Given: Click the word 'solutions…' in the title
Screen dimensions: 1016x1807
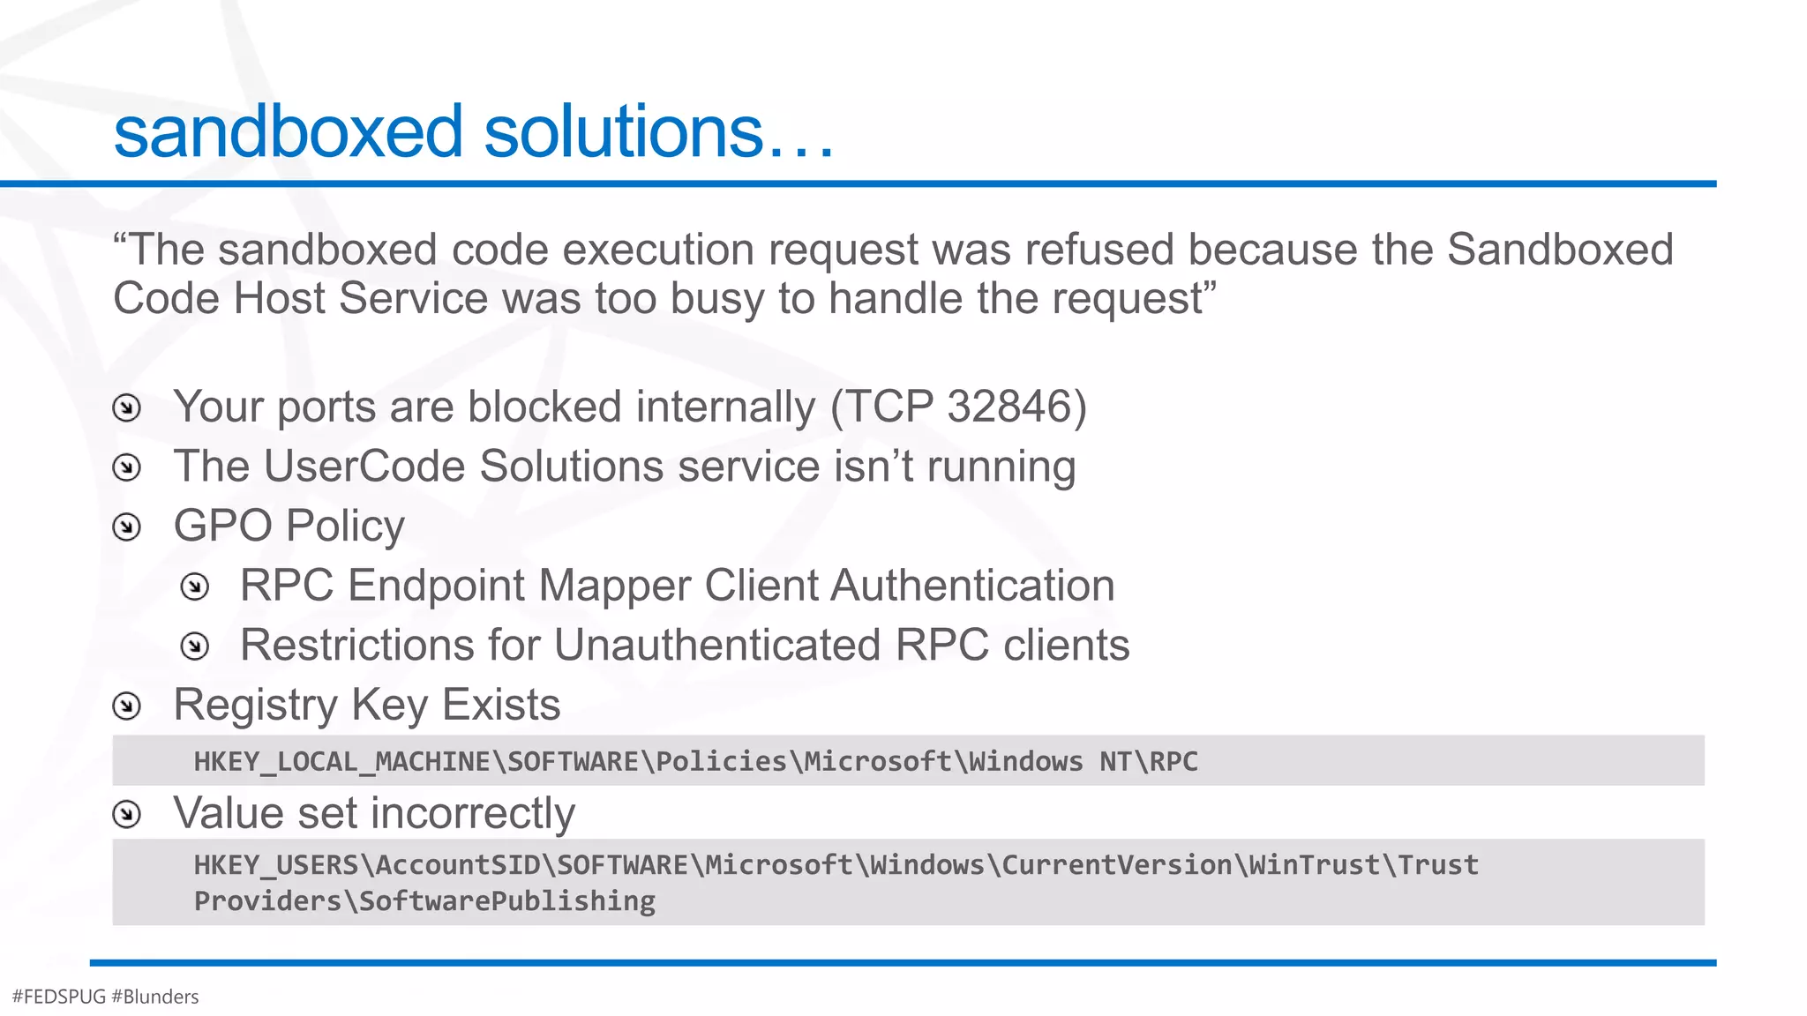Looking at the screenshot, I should point(657,131).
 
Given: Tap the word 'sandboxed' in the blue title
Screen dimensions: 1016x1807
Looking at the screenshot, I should point(289,131).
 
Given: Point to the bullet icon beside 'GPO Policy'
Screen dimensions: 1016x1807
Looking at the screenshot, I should point(127,527).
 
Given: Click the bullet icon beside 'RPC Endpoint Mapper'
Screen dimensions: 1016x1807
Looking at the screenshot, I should point(194,586).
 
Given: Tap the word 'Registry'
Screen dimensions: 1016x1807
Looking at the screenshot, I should point(255,705).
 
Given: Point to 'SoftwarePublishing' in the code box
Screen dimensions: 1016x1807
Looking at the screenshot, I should point(507,901).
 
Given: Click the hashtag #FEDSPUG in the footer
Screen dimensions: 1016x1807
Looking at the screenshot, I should point(59,997).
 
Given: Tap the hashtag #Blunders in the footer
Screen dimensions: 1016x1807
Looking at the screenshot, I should point(155,997).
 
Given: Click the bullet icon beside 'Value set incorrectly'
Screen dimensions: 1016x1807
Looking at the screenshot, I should point(127,814).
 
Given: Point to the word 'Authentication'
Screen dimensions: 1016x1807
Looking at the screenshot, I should point(972,586).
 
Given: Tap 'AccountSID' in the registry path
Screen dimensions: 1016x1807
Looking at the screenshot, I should point(458,865).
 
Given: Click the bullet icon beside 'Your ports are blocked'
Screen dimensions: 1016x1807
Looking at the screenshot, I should point(127,408).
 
